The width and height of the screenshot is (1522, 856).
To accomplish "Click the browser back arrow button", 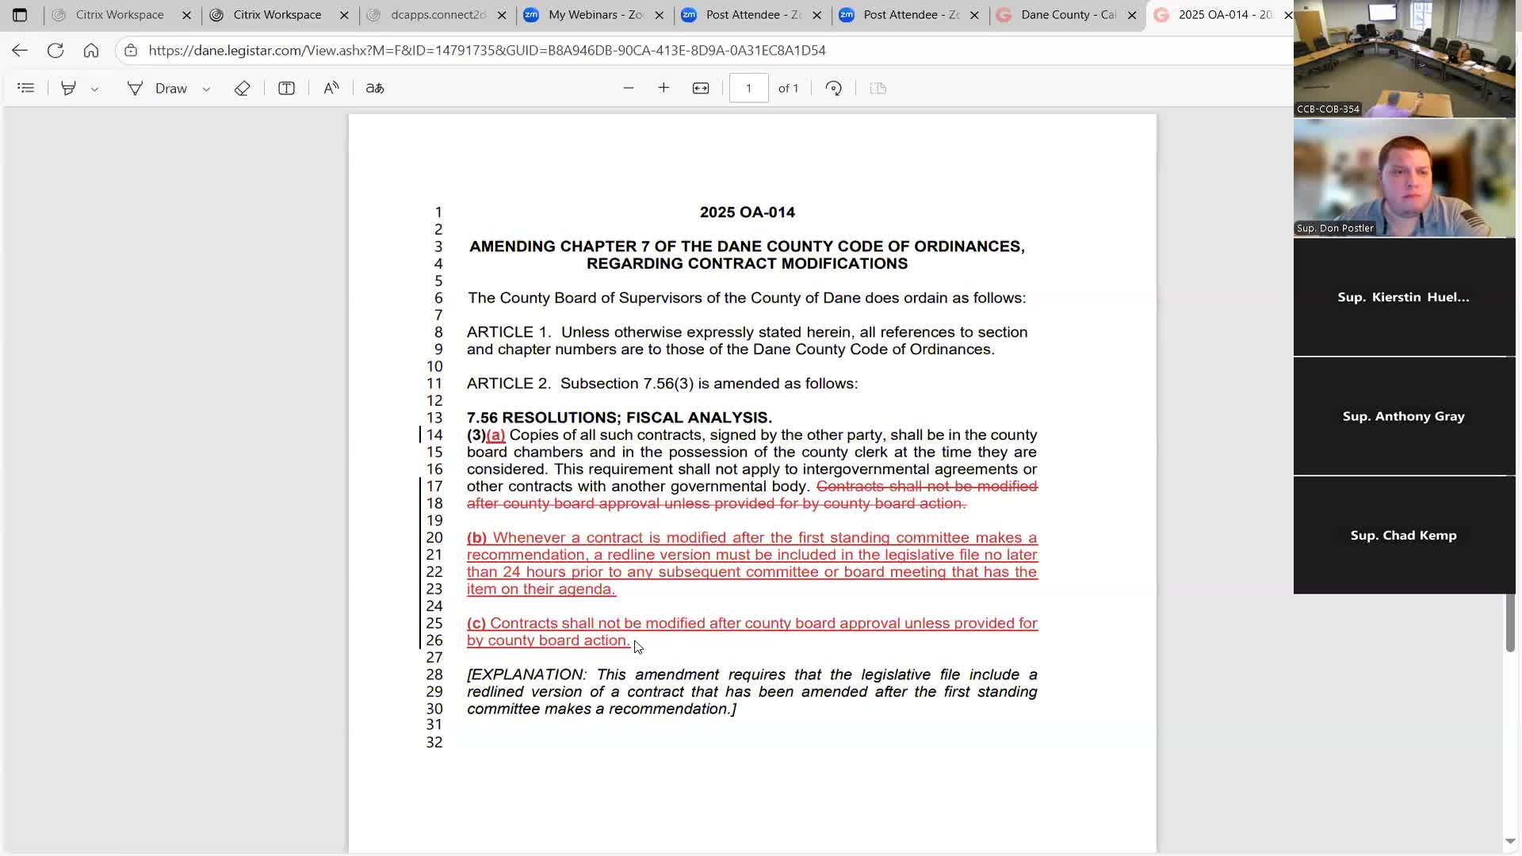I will tap(20, 51).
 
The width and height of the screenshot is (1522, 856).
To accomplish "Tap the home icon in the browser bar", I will tap(91, 51).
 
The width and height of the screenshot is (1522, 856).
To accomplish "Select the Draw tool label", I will tap(170, 88).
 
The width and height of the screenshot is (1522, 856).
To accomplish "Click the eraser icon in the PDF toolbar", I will tap(242, 88).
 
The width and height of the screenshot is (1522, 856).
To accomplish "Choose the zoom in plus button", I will tap(663, 88).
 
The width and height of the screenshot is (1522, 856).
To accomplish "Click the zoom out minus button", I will tap(629, 88).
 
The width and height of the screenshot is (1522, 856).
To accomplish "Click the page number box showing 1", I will tap(748, 88).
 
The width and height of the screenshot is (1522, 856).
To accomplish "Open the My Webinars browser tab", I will tap(595, 15).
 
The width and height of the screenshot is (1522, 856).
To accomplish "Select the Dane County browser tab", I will tap(1067, 15).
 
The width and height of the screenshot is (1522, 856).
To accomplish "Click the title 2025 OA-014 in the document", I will tap(747, 212).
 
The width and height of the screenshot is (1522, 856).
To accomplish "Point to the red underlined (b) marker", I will tap(476, 538).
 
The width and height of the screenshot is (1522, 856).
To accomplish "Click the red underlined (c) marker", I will tap(476, 624).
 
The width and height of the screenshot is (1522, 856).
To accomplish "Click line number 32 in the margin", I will tap(434, 743).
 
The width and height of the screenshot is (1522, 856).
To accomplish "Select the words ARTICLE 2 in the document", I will tap(508, 384).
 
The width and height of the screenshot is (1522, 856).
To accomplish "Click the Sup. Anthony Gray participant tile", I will tap(1404, 416).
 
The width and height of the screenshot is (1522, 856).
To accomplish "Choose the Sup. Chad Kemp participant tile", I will tap(1404, 535).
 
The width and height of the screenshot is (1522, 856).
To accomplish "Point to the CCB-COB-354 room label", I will tap(1328, 109).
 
